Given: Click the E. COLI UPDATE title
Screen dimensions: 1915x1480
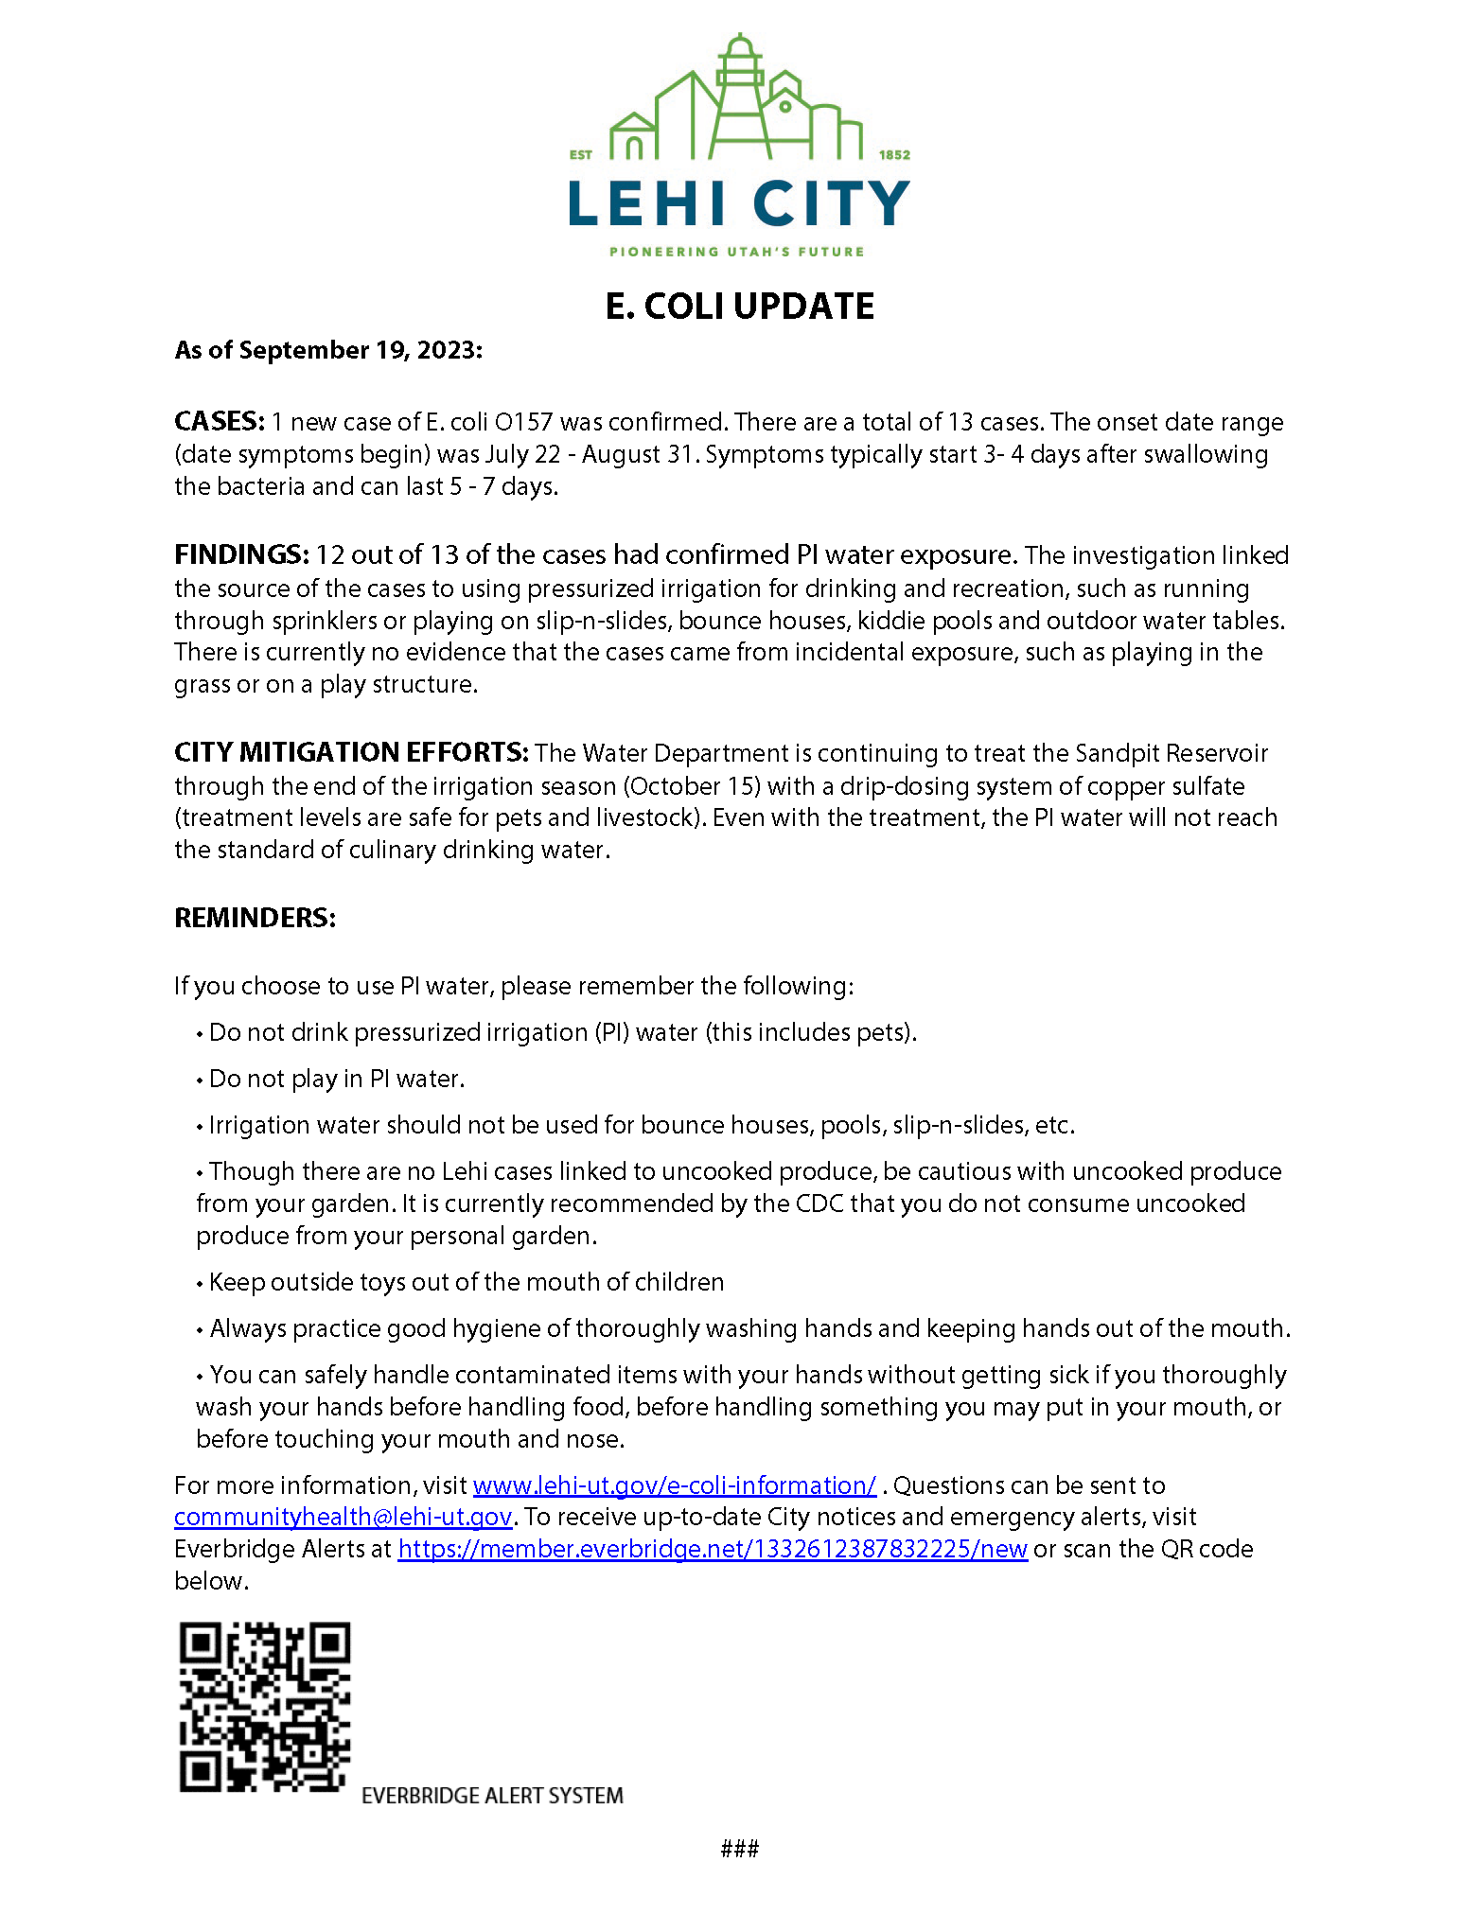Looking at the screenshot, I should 739,307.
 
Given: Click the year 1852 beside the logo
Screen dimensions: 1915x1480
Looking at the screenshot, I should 894,155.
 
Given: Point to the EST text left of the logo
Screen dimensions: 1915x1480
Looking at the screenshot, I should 580,155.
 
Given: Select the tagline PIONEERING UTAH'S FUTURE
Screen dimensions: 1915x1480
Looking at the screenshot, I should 736,252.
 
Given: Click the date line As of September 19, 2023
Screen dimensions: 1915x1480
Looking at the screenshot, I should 328,350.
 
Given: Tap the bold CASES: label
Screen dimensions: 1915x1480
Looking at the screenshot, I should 220,421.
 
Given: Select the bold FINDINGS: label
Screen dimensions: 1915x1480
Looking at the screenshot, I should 241,554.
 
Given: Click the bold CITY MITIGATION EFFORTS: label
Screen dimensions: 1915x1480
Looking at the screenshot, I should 351,753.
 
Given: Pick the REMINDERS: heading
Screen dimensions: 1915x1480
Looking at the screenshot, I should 255,918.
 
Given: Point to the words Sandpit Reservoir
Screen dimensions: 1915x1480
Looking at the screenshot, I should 1172,753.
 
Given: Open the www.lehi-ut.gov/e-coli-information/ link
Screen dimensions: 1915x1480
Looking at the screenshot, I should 674,1485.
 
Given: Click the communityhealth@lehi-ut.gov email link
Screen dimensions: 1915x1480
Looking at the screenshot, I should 343,1518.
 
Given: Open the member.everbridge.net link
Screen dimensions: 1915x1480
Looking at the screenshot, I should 712,1549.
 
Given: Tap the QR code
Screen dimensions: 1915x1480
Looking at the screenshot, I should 265,1706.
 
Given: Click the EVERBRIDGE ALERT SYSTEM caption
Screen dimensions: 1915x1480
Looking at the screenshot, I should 492,1796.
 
